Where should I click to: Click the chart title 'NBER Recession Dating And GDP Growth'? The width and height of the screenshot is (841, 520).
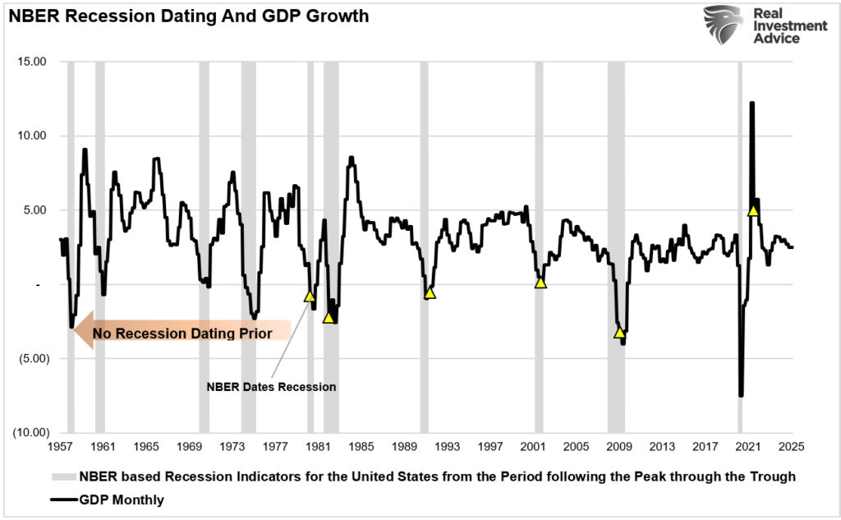pos(188,16)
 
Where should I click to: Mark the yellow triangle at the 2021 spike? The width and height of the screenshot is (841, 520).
pos(753,210)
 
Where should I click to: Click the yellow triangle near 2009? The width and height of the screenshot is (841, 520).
pos(619,332)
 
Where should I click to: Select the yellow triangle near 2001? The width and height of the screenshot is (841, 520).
pos(540,282)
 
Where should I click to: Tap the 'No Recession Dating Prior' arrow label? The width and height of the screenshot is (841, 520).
pos(182,334)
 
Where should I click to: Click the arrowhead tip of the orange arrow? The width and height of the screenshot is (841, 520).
pos(74,330)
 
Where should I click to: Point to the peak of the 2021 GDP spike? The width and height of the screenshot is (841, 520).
pos(751,103)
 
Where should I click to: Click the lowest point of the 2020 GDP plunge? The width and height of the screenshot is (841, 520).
pos(741,396)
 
